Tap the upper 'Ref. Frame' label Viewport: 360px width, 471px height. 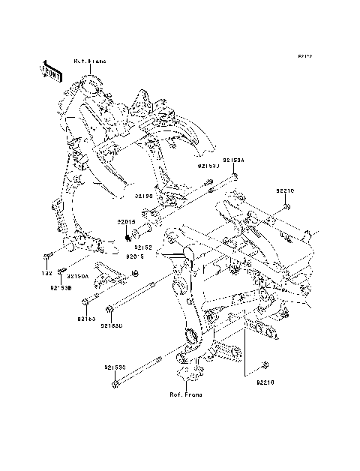coord(89,60)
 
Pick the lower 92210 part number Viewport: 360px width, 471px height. coord(265,382)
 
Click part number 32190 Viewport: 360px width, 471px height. coord(144,196)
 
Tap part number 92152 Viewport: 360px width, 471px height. coord(144,246)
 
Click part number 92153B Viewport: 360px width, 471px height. coord(61,287)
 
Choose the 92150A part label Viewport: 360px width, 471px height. coord(78,276)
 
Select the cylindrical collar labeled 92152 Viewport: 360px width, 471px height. coord(147,228)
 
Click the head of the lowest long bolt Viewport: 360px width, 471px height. coord(115,384)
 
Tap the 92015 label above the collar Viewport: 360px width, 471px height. coord(125,221)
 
